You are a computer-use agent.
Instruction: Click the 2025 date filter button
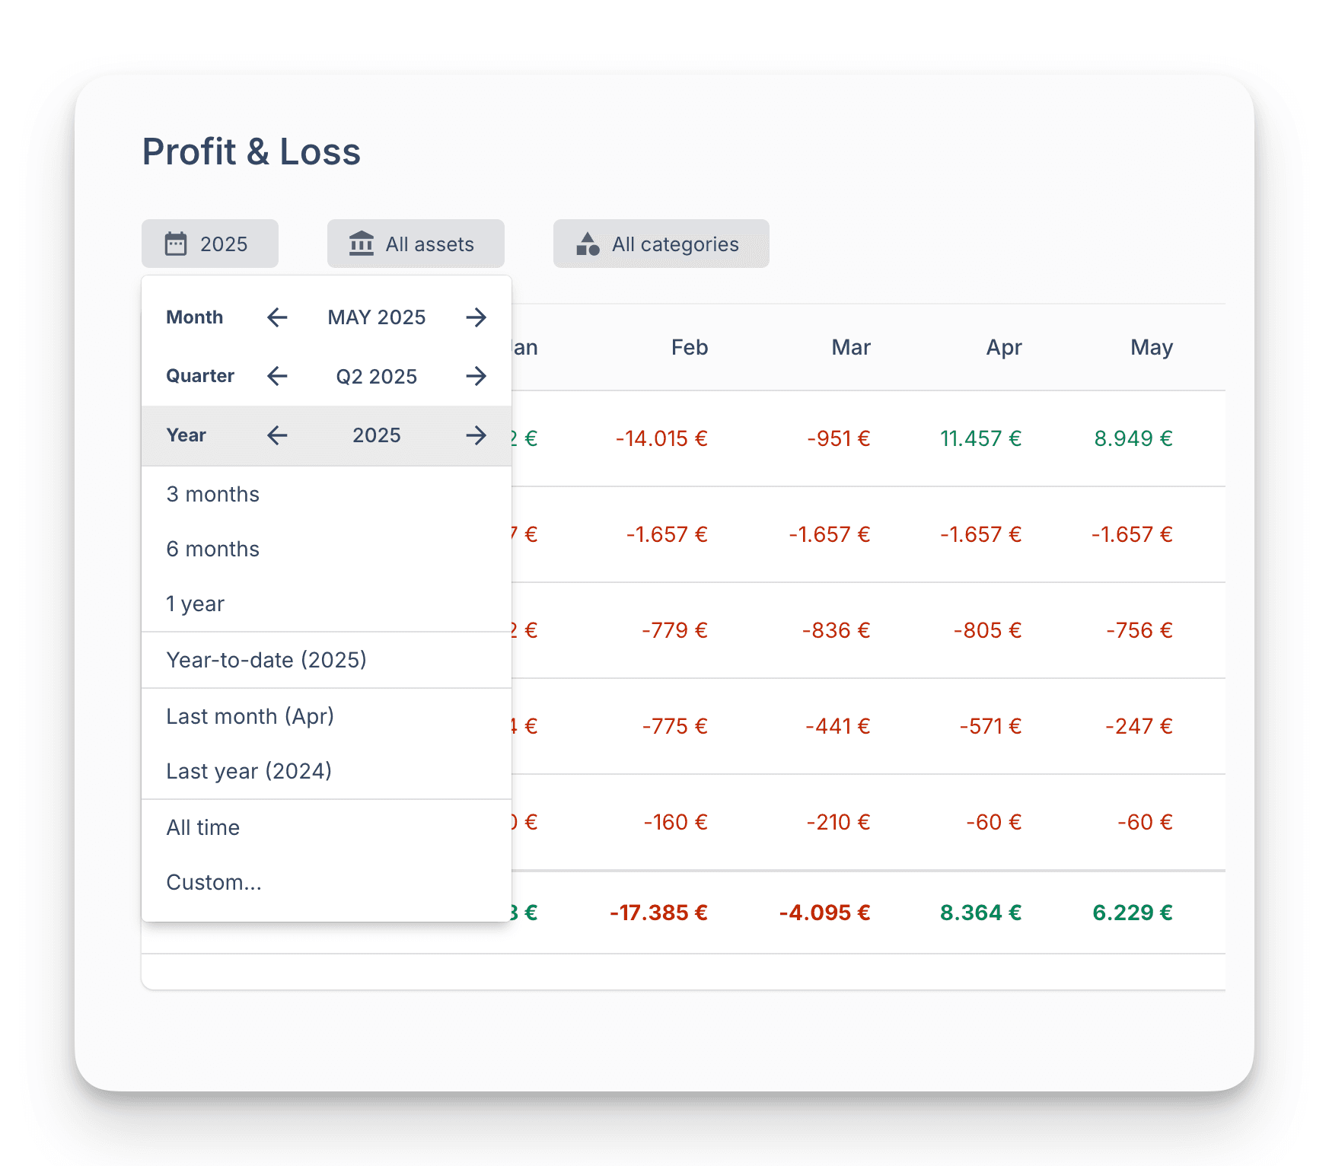[209, 244]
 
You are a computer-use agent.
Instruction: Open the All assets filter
[416, 244]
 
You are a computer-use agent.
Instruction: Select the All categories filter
[661, 244]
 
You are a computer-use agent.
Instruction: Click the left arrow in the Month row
[278, 317]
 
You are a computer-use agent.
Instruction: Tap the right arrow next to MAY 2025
[476, 317]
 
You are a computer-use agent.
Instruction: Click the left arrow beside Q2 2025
[278, 376]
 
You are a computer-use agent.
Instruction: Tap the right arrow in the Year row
[476, 435]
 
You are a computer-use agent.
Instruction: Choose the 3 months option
[213, 495]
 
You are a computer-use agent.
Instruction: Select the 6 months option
[213, 550]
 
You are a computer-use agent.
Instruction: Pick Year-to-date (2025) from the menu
[266, 660]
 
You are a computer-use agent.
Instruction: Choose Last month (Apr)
[250, 716]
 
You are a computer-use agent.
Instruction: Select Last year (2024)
[249, 772]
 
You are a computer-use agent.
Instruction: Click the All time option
[203, 828]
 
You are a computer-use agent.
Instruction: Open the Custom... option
[214, 883]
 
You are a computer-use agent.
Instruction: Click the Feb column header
[690, 348]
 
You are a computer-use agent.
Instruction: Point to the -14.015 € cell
[661, 439]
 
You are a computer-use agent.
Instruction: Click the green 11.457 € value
[980, 439]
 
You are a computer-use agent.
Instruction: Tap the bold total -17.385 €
[658, 913]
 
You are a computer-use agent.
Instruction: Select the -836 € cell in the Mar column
[836, 631]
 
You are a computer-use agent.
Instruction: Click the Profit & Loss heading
[251, 151]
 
